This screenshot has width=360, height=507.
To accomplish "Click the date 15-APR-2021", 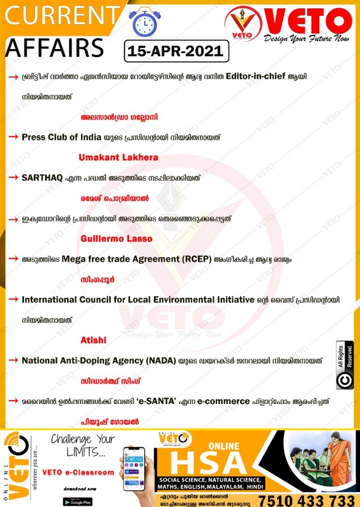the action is (176, 52).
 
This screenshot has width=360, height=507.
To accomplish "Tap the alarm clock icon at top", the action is (141, 22).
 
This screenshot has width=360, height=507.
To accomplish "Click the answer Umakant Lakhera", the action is (118, 157).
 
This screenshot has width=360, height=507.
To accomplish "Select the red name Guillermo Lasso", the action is (116, 239).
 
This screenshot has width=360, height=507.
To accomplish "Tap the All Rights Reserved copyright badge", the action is (345, 365).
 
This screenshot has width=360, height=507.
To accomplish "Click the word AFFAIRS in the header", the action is (54, 48).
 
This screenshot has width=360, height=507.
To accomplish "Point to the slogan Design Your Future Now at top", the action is (308, 39).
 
